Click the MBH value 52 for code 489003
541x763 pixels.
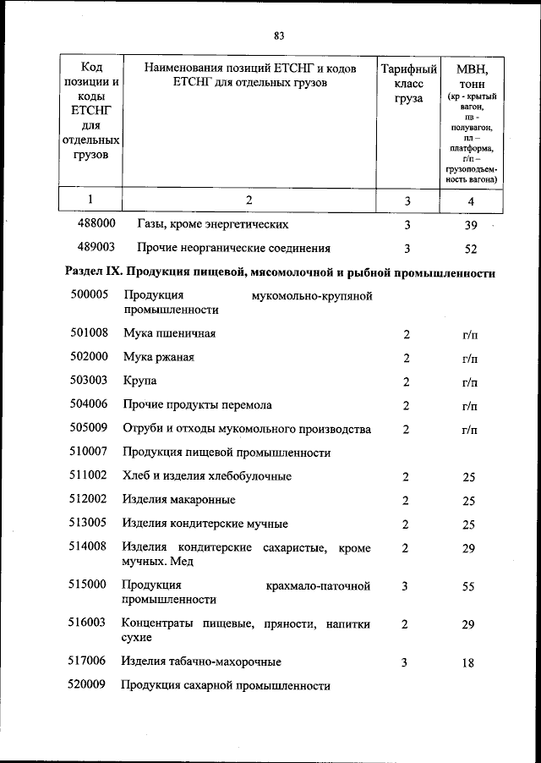pyautogui.click(x=471, y=249)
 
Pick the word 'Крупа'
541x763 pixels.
pyautogui.click(x=139, y=381)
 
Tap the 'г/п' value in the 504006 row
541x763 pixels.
pyautogui.click(x=470, y=406)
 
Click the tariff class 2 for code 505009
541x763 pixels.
pyautogui.click(x=406, y=430)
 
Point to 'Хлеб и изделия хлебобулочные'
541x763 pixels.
pyautogui.click(x=207, y=477)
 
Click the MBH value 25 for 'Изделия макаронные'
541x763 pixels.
pyautogui.click(x=469, y=501)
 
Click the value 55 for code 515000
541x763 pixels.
pyautogui.click(x=469, y=586)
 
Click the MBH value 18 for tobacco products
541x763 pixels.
pyautogui.click(x=469, y=664)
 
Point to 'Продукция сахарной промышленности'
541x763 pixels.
pyautogui.click(x=226, y=686)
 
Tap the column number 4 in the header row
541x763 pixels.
pyautogui.click(x=471, y=200)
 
